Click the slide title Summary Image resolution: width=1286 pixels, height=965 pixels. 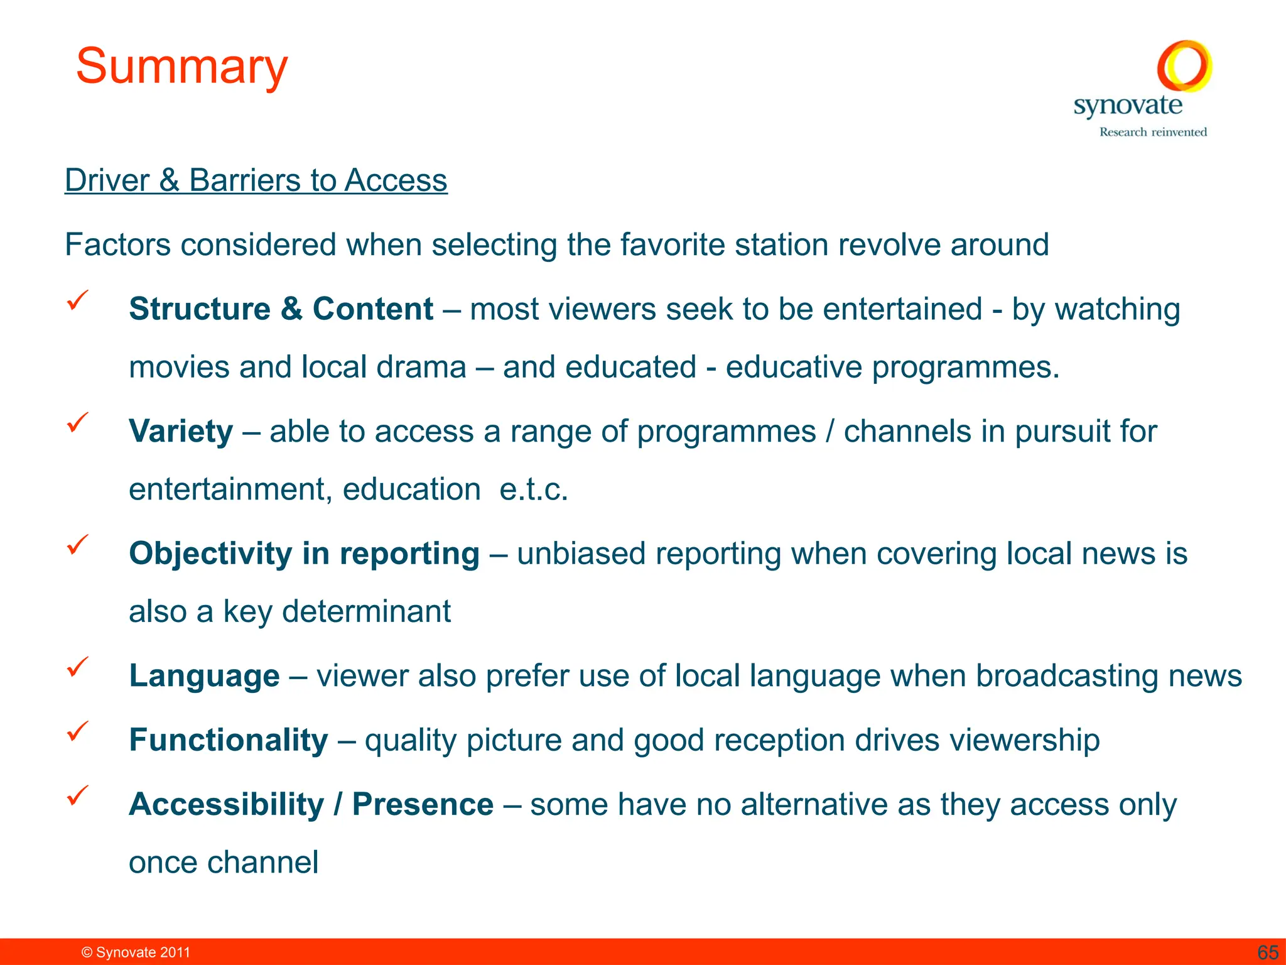[181, 67]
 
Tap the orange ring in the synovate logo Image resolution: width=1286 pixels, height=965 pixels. [1184, 65]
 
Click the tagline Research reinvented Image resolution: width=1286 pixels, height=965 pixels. [1153, 132]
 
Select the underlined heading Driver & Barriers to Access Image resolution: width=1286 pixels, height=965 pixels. [256, 180]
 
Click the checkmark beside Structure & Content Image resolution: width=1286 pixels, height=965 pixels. [78, 300]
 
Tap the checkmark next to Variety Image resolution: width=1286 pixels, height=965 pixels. [78, 422]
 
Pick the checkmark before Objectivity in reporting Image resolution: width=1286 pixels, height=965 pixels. [78, 544]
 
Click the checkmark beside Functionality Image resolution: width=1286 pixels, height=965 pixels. [78, 731]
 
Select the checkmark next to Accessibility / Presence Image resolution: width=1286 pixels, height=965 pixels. [78, 795]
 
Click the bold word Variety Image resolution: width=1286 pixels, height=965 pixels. [181, 432]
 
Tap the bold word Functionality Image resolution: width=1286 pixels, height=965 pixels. [229, 740]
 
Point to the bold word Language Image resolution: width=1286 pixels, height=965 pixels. [204, 676]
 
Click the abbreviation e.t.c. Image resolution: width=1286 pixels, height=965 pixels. [534, 489]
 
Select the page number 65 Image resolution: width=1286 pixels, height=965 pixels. [1268, 952]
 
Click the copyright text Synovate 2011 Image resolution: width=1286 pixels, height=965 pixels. [136, 952]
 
